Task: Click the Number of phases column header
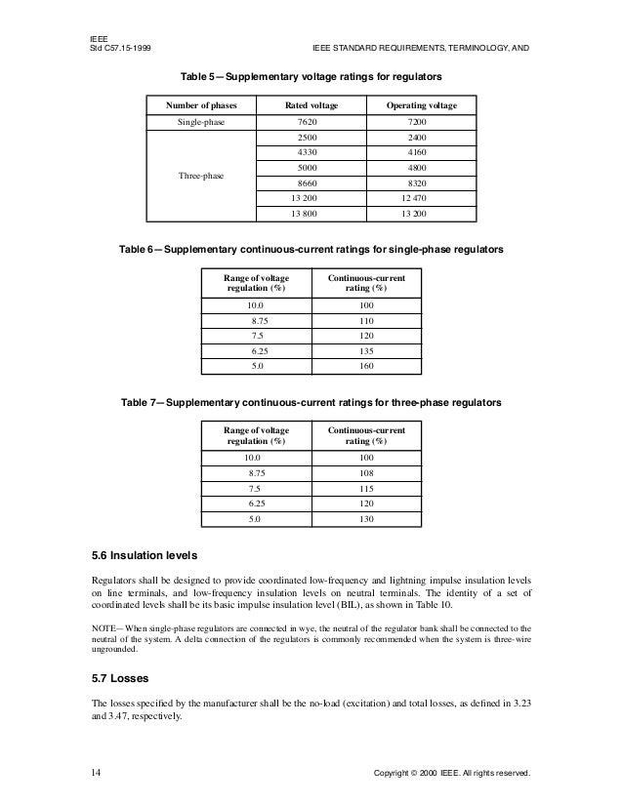click(200, 104)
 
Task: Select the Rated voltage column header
click(311, 104)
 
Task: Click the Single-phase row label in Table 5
click(200, 122)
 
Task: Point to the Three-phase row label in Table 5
click(200, 176)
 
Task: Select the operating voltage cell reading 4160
click(420, 152)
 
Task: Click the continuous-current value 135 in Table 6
click(367, 351)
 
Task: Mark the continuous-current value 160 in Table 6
click(367, 367)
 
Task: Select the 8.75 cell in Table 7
click(259, 472)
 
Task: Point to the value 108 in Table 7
click(367, 472)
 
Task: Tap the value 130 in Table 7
click(367, 519)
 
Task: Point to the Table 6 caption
click(311, 251)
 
